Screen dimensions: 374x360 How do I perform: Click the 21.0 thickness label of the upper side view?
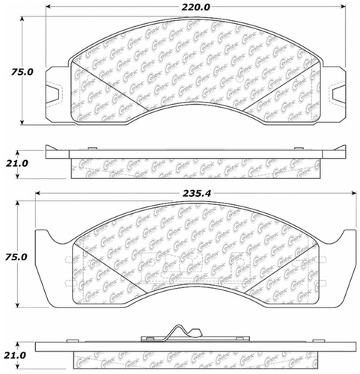click(16, 163)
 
